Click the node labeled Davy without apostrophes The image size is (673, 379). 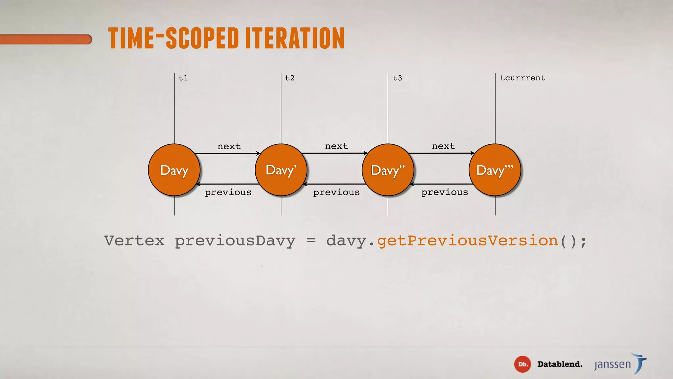(x=174, y=170)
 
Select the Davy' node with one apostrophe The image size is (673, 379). (x=281, y=170)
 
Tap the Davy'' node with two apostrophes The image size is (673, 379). (x=388, y=170)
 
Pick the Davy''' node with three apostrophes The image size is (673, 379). (x=495, y=170)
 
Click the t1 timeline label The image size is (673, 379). (x=183, y=78)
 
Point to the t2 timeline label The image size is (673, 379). (x=290, y=78)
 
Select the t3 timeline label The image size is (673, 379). (x=397, y=78)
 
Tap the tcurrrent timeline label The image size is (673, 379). (x=522, y=78)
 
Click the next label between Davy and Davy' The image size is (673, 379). (x=229, y=146)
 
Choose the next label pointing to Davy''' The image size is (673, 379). (x=443, y=146)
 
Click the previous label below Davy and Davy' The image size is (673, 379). (x=228, y=192)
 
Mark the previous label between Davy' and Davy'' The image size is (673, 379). (x=336, y=192)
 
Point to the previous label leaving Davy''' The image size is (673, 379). (x=445, y=192)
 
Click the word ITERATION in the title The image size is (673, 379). (x=295, y=38)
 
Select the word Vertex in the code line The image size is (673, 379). (x=134, y=240)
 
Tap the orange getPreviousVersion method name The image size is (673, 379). (x=467, y=241)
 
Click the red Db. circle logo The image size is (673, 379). (x=522, y=364)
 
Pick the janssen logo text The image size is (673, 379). (x=613, y=365)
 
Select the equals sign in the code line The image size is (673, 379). (x=311, y=240)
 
